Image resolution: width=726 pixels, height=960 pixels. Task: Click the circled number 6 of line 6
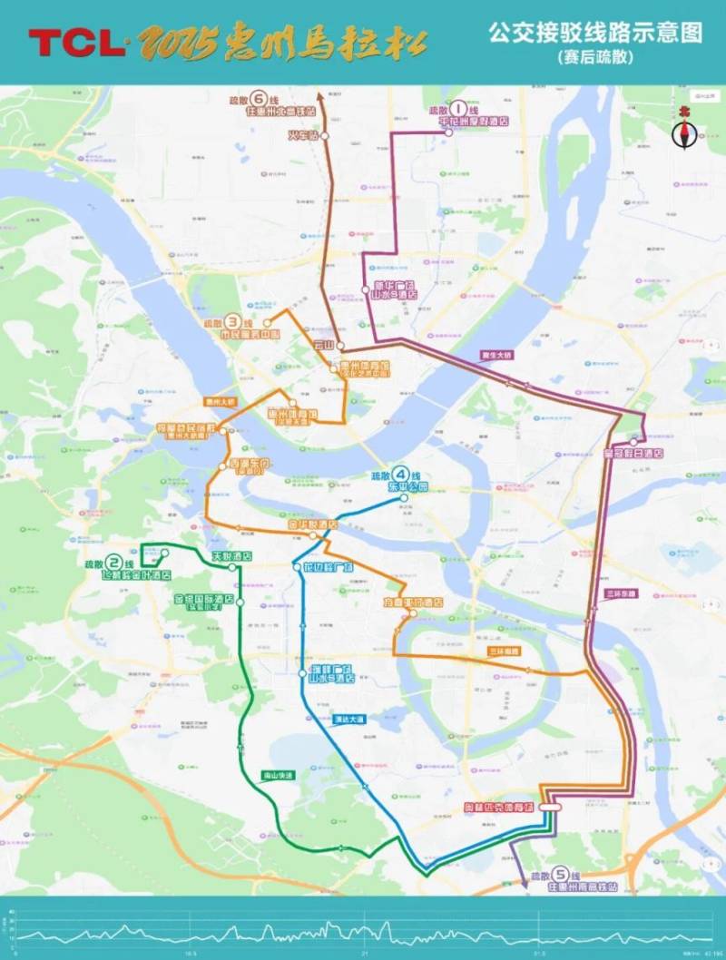[x=260, y=99]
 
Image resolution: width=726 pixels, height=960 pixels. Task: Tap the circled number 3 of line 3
[x=234, y=321]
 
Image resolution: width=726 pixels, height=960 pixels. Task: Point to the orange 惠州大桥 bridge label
[x=220, y=400]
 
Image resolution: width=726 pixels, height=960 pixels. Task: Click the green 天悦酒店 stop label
[x=206, y=555]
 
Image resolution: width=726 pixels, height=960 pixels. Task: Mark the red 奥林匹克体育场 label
[x=496, y=806]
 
